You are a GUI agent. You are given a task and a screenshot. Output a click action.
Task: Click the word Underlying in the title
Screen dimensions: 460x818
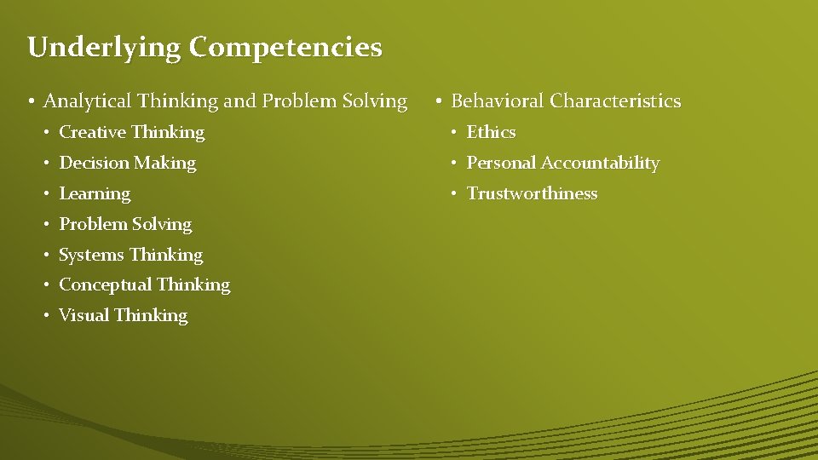click(104, 48)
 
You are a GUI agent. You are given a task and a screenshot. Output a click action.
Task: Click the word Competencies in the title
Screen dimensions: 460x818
click(285, 48)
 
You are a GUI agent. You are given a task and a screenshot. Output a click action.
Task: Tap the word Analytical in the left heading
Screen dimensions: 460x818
click(87, 101)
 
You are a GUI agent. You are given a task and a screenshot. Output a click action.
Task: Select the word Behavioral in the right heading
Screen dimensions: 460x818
click(498, 101)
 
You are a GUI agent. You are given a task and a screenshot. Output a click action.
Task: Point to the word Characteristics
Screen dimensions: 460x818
click(615, 101)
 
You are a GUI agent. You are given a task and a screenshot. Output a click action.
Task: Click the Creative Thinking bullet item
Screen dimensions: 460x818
click(131, 133)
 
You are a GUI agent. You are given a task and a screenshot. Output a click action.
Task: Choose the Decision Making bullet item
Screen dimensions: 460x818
click(127, 163)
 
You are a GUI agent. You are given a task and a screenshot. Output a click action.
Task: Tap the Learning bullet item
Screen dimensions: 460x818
click(95, 194)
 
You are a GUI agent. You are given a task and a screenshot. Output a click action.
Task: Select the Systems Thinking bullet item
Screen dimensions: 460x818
click(130, 255)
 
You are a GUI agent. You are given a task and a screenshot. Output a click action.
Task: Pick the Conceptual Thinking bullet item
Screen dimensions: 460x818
click(144, 285)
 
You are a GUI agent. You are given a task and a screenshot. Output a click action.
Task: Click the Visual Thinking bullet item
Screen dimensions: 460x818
click(123, 315)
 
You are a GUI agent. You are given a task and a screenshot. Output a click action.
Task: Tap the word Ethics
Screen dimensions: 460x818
click(491, 133)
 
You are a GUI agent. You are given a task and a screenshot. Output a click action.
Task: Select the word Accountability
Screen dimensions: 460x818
click(600, 163)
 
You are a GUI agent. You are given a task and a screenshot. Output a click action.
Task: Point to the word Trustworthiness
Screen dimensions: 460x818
click(532, 194)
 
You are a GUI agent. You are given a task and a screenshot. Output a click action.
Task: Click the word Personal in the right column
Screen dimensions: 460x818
click(501, 163)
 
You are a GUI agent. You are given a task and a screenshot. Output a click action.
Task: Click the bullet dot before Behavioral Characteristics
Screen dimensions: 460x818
click(437, 101)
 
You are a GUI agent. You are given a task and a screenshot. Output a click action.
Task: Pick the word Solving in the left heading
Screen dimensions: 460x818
click(377, 101)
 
